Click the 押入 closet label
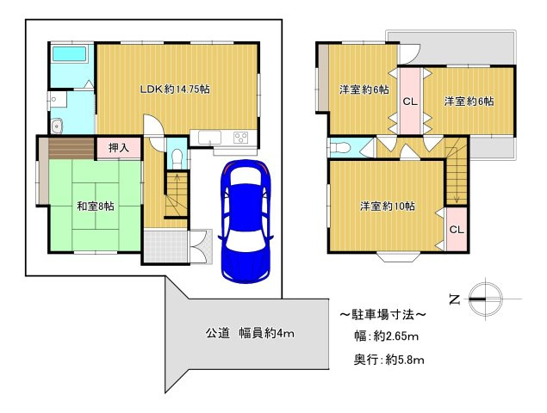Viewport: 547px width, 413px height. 119,148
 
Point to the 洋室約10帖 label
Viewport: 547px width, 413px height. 388,206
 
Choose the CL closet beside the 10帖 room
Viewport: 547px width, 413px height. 456,230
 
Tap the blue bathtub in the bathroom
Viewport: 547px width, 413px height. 69,54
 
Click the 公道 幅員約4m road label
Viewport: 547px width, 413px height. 250,333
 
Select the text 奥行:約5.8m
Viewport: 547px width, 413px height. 387,359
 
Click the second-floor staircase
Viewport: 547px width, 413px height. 456,180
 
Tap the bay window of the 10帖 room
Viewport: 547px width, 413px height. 396,256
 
